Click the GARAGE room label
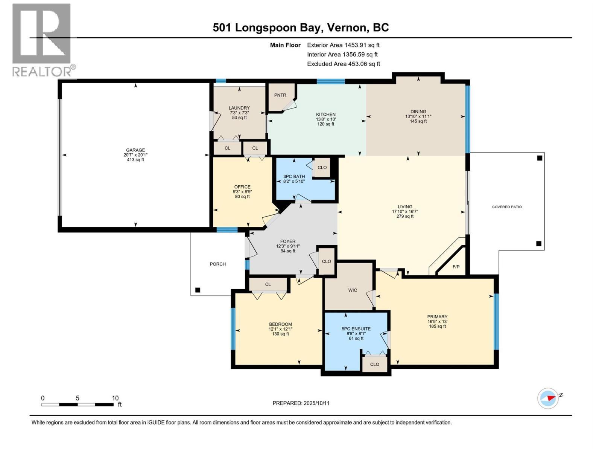tap(135, 150)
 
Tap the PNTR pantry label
tap(280, 95)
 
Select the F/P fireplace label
tap(456, 267)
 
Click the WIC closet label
tap(353, 290)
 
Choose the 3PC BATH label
tap(294, 176)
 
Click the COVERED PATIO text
tap(507, 207)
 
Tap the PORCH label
tap(218, 264)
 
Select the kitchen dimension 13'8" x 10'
tap(325, 119)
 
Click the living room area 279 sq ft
tap(405, 216)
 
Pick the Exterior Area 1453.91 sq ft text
tap(343, 45)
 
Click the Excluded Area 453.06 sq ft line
tap(343, 64)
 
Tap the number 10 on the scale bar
tap(115, 398)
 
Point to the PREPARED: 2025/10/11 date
tap(301, 403)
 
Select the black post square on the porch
tap(198, 290)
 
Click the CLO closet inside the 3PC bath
tap(322, 167)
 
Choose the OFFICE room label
tap(242, 187)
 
